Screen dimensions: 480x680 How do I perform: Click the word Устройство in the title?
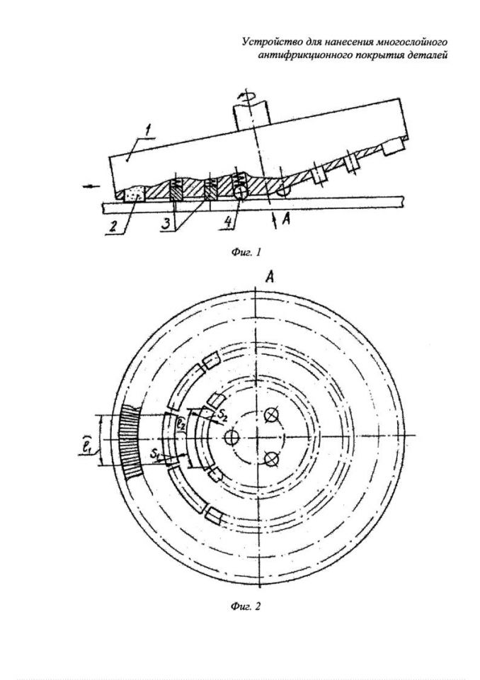265,42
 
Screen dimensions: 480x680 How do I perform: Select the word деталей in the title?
429,55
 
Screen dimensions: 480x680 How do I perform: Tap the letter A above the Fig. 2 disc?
269,278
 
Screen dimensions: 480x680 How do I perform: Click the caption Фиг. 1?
246,252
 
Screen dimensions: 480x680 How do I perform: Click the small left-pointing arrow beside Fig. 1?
92,186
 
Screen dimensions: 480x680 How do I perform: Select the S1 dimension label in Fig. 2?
156,455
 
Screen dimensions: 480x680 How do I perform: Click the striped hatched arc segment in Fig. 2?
129,441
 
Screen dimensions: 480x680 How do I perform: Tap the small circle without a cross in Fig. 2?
230,438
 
